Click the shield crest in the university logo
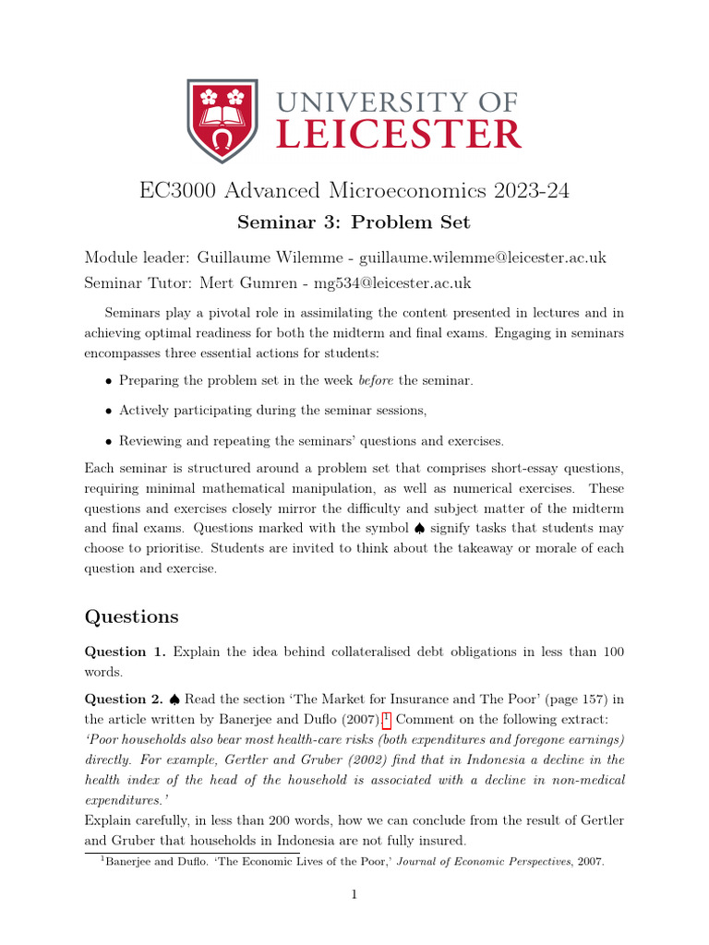click(x=222, y=121)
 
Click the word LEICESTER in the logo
click(x=399, y=136)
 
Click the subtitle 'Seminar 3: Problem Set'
click(x=354, y=221)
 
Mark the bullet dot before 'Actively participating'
click(x=109, y=411)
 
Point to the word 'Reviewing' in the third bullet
click(x=150, y=440)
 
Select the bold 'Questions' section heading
click(x=132, y=616)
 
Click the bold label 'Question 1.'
click(x=125, y=652)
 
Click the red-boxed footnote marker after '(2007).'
click(x=387, y=718)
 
